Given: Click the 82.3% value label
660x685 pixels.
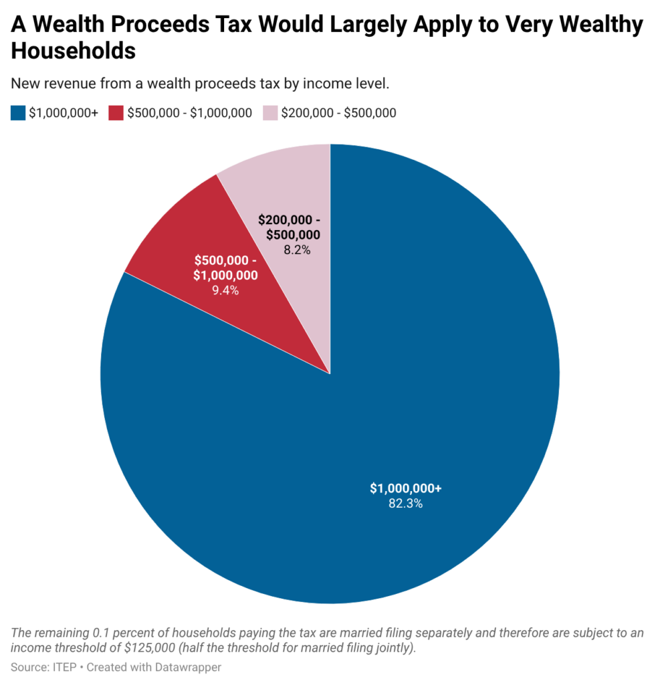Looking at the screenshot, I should (x=406, y=504).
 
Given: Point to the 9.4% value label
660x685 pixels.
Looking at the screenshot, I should (x=225, y=290).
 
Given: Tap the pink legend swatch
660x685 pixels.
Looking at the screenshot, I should (x=270, y=113).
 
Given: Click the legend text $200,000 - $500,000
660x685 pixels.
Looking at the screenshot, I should (x=338, y=113).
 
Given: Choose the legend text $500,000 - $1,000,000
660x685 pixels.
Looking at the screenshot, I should (x=189, y=113).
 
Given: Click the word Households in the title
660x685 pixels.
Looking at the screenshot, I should (x=74, y=51).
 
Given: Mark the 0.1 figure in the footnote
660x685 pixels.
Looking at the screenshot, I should (x=102, y=633).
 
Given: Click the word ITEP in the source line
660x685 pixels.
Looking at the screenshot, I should (x=65, y=667).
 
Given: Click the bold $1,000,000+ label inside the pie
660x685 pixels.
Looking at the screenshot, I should (x=406, y=488).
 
